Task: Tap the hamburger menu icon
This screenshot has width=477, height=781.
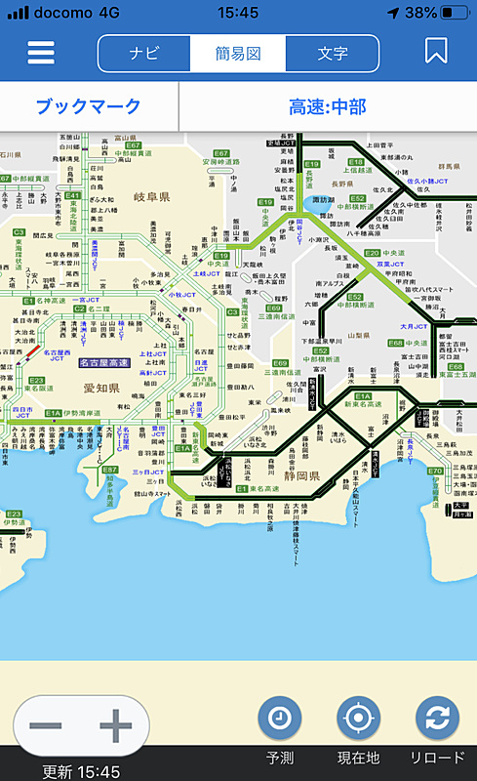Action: coord(41,53)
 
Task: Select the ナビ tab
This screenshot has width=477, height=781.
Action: coord(144,53)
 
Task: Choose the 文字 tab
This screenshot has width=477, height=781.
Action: coord(333,53)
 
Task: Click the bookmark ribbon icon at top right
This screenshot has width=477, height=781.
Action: coord(436,52)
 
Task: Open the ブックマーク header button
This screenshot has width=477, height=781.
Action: coord(89,106)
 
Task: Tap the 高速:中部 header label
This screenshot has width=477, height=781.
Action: coord(327,106)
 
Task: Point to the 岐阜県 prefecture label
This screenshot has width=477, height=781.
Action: coord(151,197)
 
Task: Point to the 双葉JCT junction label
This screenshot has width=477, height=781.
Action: coord(378,264)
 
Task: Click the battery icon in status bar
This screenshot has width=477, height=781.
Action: coord(452,13)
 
